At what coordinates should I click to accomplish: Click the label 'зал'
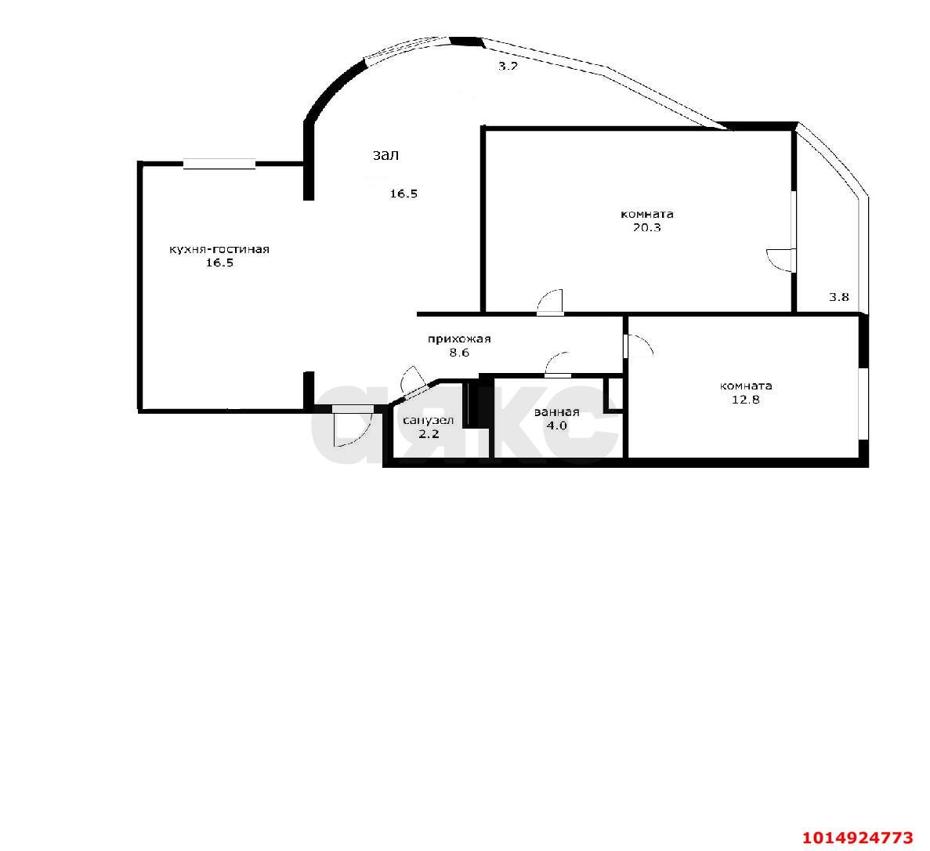[385, 155]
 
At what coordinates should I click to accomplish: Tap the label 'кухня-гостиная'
[219, 249]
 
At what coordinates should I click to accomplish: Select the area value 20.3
[646, 228]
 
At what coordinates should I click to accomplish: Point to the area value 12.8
[746, 400]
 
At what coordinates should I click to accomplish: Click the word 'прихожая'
[460, 339]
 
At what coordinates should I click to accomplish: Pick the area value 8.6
[460, 353]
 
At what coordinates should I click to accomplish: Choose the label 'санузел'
[429, 421]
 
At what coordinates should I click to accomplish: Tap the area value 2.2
[429, 434]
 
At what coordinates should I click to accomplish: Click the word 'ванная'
[556, 412]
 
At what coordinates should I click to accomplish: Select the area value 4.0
[556, 426]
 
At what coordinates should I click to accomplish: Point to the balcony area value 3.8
[838, 298]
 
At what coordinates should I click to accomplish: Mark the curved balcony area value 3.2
[508, 67]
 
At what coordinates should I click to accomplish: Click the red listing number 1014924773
[858, 838]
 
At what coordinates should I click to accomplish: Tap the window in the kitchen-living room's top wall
[219, 164]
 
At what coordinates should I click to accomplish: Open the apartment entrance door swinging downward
[353, 426]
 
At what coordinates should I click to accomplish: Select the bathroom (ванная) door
[558, 364]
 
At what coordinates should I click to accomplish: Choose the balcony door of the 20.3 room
[781, 260]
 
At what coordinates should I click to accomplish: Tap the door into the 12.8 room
[639, 346]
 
